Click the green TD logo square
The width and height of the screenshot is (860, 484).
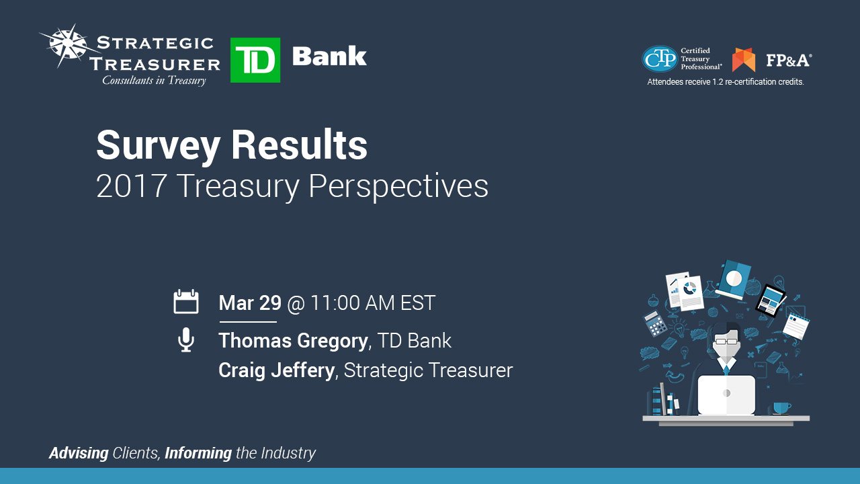coord(255,61)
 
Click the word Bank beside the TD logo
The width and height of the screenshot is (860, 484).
coord(329,56)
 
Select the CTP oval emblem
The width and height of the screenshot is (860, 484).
coord(660,59)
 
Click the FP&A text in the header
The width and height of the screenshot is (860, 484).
coord(788,60)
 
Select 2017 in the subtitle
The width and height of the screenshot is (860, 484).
coord(131,186)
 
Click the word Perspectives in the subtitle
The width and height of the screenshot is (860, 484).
coord(398,186)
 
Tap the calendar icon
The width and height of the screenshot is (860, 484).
coord(186,302)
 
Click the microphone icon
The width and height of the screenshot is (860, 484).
coord(186,340)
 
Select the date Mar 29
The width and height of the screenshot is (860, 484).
coord(249,303)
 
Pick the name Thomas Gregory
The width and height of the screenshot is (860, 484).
coord(294,341)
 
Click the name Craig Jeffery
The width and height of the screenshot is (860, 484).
coord(276,370)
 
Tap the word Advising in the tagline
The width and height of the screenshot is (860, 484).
coord(79,453)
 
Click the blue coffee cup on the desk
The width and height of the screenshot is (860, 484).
coord(781,408)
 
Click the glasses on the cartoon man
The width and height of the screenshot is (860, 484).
coord(726,341)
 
